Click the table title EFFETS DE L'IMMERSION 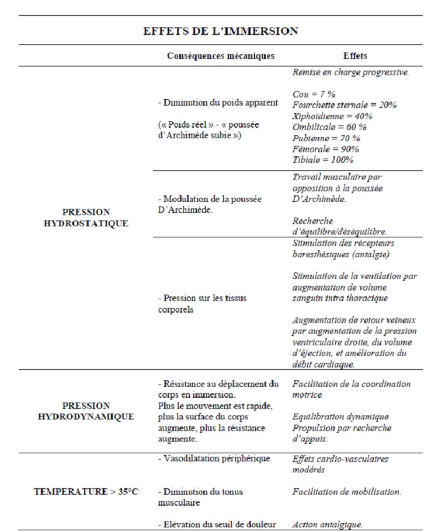221,31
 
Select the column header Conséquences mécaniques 221,56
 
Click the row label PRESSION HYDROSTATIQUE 86,218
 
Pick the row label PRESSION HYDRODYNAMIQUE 86,411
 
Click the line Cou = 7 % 314,94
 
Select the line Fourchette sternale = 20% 345,105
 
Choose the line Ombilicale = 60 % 329,127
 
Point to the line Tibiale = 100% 323,160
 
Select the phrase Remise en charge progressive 350,72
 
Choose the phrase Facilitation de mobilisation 347,492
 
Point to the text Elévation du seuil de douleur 217,524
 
